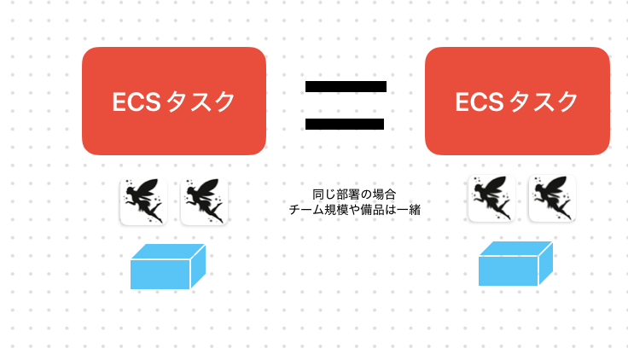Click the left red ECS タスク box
(174, 101)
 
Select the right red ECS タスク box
(517, 101)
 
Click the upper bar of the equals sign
(345, 86)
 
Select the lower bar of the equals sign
(345, 125)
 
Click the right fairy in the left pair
(204, 200)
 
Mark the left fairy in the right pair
(491, 199)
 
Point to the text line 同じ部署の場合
(354, 195)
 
